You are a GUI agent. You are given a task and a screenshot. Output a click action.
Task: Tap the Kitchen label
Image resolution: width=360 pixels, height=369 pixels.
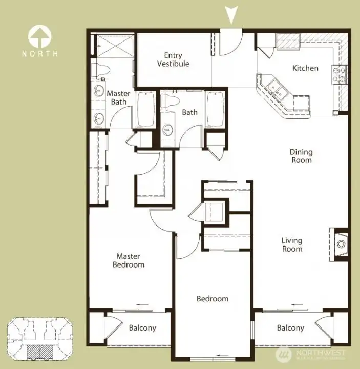(305, 68)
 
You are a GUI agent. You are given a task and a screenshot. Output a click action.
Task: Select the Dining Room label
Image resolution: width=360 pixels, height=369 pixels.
(301, 156)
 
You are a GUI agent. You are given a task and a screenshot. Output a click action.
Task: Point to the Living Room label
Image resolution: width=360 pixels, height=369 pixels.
(292, 244)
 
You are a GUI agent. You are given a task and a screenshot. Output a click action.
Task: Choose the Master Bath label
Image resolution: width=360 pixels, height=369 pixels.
(118, 98)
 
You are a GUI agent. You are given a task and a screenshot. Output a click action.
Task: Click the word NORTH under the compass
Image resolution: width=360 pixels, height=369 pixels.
(39, 53)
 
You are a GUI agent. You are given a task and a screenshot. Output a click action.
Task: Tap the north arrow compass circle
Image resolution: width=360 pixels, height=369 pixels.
(39, 36)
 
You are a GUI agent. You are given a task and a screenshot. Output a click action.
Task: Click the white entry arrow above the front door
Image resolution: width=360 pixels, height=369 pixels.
(232, 14)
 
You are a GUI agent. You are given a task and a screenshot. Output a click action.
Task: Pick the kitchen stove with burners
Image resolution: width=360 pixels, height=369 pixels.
(340, 75)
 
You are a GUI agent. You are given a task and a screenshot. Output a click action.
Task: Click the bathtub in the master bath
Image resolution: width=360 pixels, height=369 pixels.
(146, 109)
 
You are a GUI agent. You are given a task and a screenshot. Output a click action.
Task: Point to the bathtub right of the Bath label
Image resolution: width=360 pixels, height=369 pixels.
(215, 109)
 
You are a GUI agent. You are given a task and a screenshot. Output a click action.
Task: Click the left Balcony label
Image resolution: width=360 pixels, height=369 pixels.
(142, 328)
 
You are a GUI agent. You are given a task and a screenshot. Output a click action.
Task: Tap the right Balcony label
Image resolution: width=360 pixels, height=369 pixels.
(290, 328)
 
